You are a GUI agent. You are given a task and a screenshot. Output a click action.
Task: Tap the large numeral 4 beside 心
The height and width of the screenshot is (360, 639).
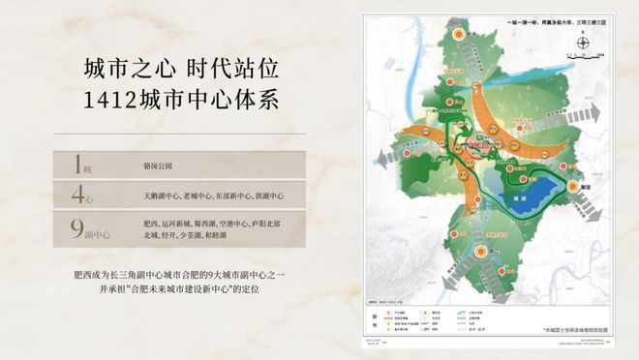(x=78, y=195)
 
